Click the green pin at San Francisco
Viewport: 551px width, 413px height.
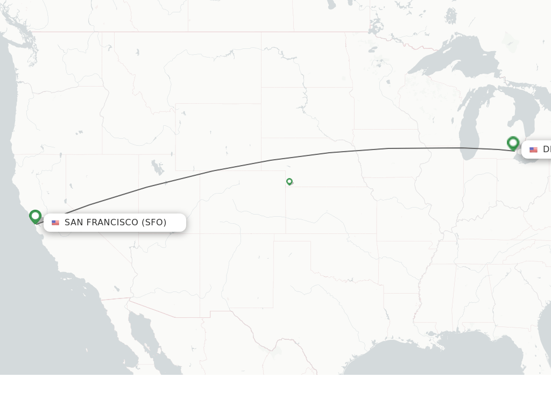click(x=36, y=216)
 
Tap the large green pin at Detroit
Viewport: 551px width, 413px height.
click(x=513, y=143)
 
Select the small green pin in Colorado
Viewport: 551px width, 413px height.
click(x=289, y=181)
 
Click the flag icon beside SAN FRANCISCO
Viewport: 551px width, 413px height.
click(x=55, y=223)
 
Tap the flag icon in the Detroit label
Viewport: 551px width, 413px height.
click(x=533, y=149)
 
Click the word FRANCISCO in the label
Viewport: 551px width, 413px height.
click(x=113, y=222)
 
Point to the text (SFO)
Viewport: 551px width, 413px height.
click(x=154, y=222)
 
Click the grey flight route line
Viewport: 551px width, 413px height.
click(x=269, y=160)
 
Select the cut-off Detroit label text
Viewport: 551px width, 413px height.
click(x=546, y=149)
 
